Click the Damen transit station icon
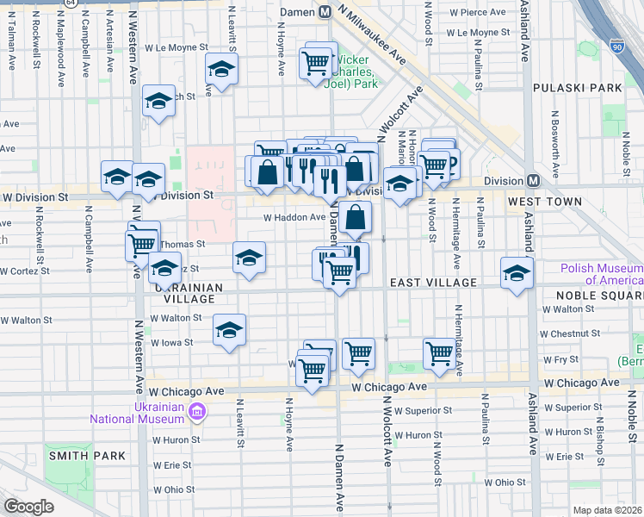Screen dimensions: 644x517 [325, 12]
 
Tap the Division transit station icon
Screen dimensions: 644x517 [533, 180]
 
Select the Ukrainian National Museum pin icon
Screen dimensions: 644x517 [198, 414]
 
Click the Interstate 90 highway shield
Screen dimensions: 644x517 [616, 47]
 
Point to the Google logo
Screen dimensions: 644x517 [28, 507]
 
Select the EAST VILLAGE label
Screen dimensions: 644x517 [433, 283]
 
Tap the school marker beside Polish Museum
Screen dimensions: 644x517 [517, 273]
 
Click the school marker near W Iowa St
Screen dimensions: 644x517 [229, 330]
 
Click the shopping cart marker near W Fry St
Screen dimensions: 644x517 [439, 352]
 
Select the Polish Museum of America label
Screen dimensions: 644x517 [601, 273]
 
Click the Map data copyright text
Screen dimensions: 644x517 [608, 510]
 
